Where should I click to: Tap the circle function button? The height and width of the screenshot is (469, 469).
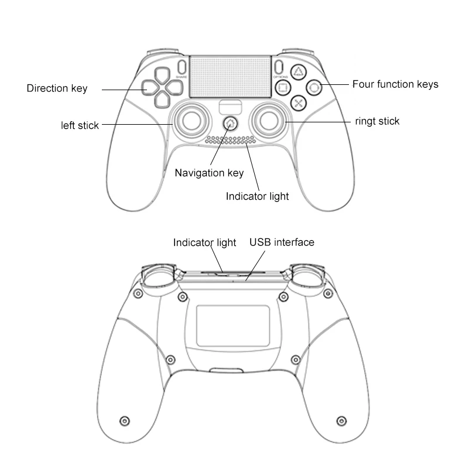[314, 88]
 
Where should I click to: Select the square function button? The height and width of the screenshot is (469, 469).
[282, 88]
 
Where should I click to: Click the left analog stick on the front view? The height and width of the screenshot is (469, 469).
[190, 120]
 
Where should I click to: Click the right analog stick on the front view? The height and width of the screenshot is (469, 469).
[270, 120]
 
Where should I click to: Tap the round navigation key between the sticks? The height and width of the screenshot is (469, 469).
[231, 124]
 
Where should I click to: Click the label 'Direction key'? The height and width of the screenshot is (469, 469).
[57, 89]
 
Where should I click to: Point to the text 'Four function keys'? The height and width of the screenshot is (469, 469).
[395, 84]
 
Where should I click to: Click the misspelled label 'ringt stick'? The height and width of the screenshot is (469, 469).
[377, 122]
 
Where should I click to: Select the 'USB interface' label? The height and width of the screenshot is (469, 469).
[282, 242]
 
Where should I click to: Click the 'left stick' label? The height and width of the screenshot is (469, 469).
[80, 125]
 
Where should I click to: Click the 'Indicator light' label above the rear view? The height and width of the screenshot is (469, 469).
[204, 242]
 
